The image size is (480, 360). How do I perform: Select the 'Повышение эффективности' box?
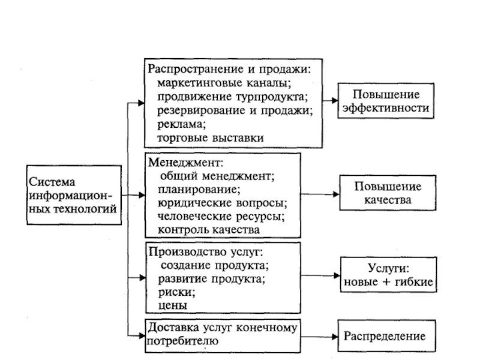coord(385,101)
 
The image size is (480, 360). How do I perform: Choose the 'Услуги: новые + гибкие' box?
coord(387,275)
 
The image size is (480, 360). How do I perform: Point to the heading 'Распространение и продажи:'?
coord(230,69)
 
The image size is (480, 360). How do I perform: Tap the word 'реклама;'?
coord(182,124)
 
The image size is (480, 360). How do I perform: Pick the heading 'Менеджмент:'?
coord(185,163)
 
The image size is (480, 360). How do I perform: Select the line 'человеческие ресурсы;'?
coord(221,216)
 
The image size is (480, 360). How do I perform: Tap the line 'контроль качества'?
coord(209,230)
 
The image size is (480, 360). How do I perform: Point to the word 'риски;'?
coord(176,292)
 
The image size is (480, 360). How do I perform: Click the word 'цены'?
coord(173,305)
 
